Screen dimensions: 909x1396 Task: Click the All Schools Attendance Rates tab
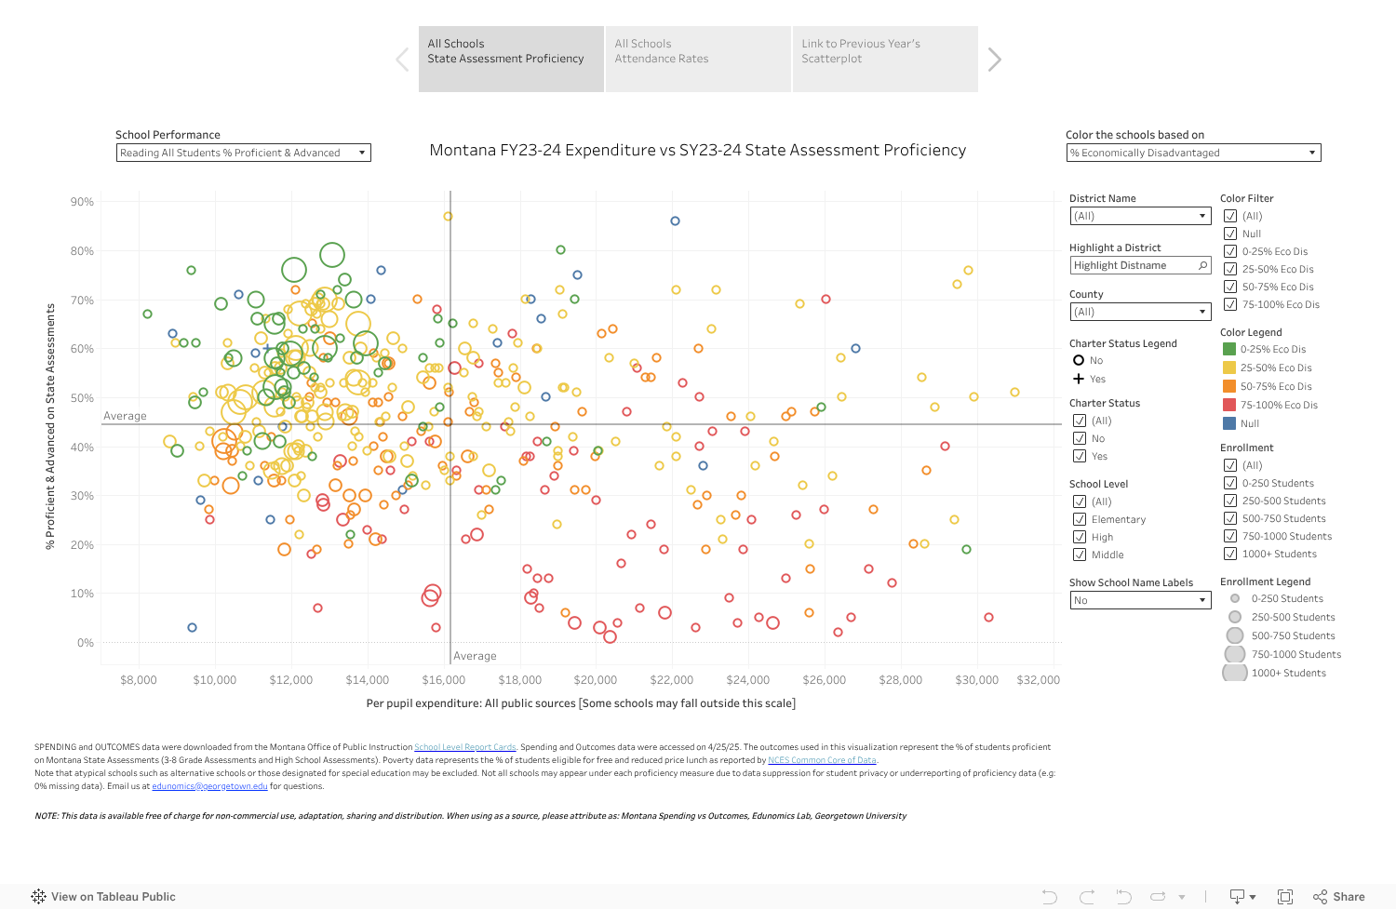[698, 59]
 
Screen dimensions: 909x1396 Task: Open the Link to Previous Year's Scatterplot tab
[884, 59]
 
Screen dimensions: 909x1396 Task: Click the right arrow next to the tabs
[995, 60]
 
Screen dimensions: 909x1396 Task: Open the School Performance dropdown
[243, 153]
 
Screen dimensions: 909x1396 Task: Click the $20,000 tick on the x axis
[596, 680]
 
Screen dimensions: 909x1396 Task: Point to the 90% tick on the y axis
[82, 202]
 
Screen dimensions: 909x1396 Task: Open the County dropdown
[1139, 312]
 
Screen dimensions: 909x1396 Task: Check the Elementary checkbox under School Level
[1080, 519]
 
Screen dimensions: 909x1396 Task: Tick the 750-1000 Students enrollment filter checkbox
[1230, 536]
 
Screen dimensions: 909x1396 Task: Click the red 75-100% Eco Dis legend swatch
[1229, 405]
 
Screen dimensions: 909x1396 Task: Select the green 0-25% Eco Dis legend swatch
[1229, 349]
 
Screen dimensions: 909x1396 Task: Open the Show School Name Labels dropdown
[1139, 600]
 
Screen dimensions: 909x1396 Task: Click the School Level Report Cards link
[464, 747]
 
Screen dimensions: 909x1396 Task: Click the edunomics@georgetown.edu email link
[209, 786]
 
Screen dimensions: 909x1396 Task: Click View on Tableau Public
[103, 897]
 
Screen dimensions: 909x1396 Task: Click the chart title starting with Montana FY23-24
[697, 151]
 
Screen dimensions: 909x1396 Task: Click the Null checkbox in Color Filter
[1230, 234]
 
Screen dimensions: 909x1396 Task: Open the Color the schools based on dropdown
[1193, 153]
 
